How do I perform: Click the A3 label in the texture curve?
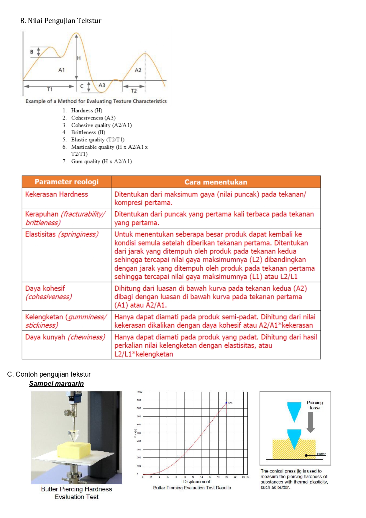[x=102, y=85]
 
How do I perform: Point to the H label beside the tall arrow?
[x=79, y=58]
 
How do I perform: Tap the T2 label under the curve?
[x=134, y=91]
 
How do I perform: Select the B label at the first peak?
[x=32, y=52]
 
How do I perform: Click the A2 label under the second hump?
[x=138, y=70]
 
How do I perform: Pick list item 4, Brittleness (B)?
[x=88, y=132]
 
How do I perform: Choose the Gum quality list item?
[x=101, y=161]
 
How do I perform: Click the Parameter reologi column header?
[x=67, y=182]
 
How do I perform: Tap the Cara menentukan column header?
[x=216, y=182]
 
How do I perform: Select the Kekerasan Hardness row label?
[x=57, y=194]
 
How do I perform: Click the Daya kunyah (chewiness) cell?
[x=65, y=337]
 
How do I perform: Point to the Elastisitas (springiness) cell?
[x=62, y=234]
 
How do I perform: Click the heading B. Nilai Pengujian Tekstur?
[x=61, y=21]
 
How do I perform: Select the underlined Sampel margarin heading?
[x=56, y=383]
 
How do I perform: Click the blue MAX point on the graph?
[x=226, y=403]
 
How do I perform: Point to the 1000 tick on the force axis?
[x=139, y=392]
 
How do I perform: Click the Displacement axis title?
[x=197, y=482]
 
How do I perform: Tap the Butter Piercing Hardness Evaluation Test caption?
[x=77, y=493]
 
